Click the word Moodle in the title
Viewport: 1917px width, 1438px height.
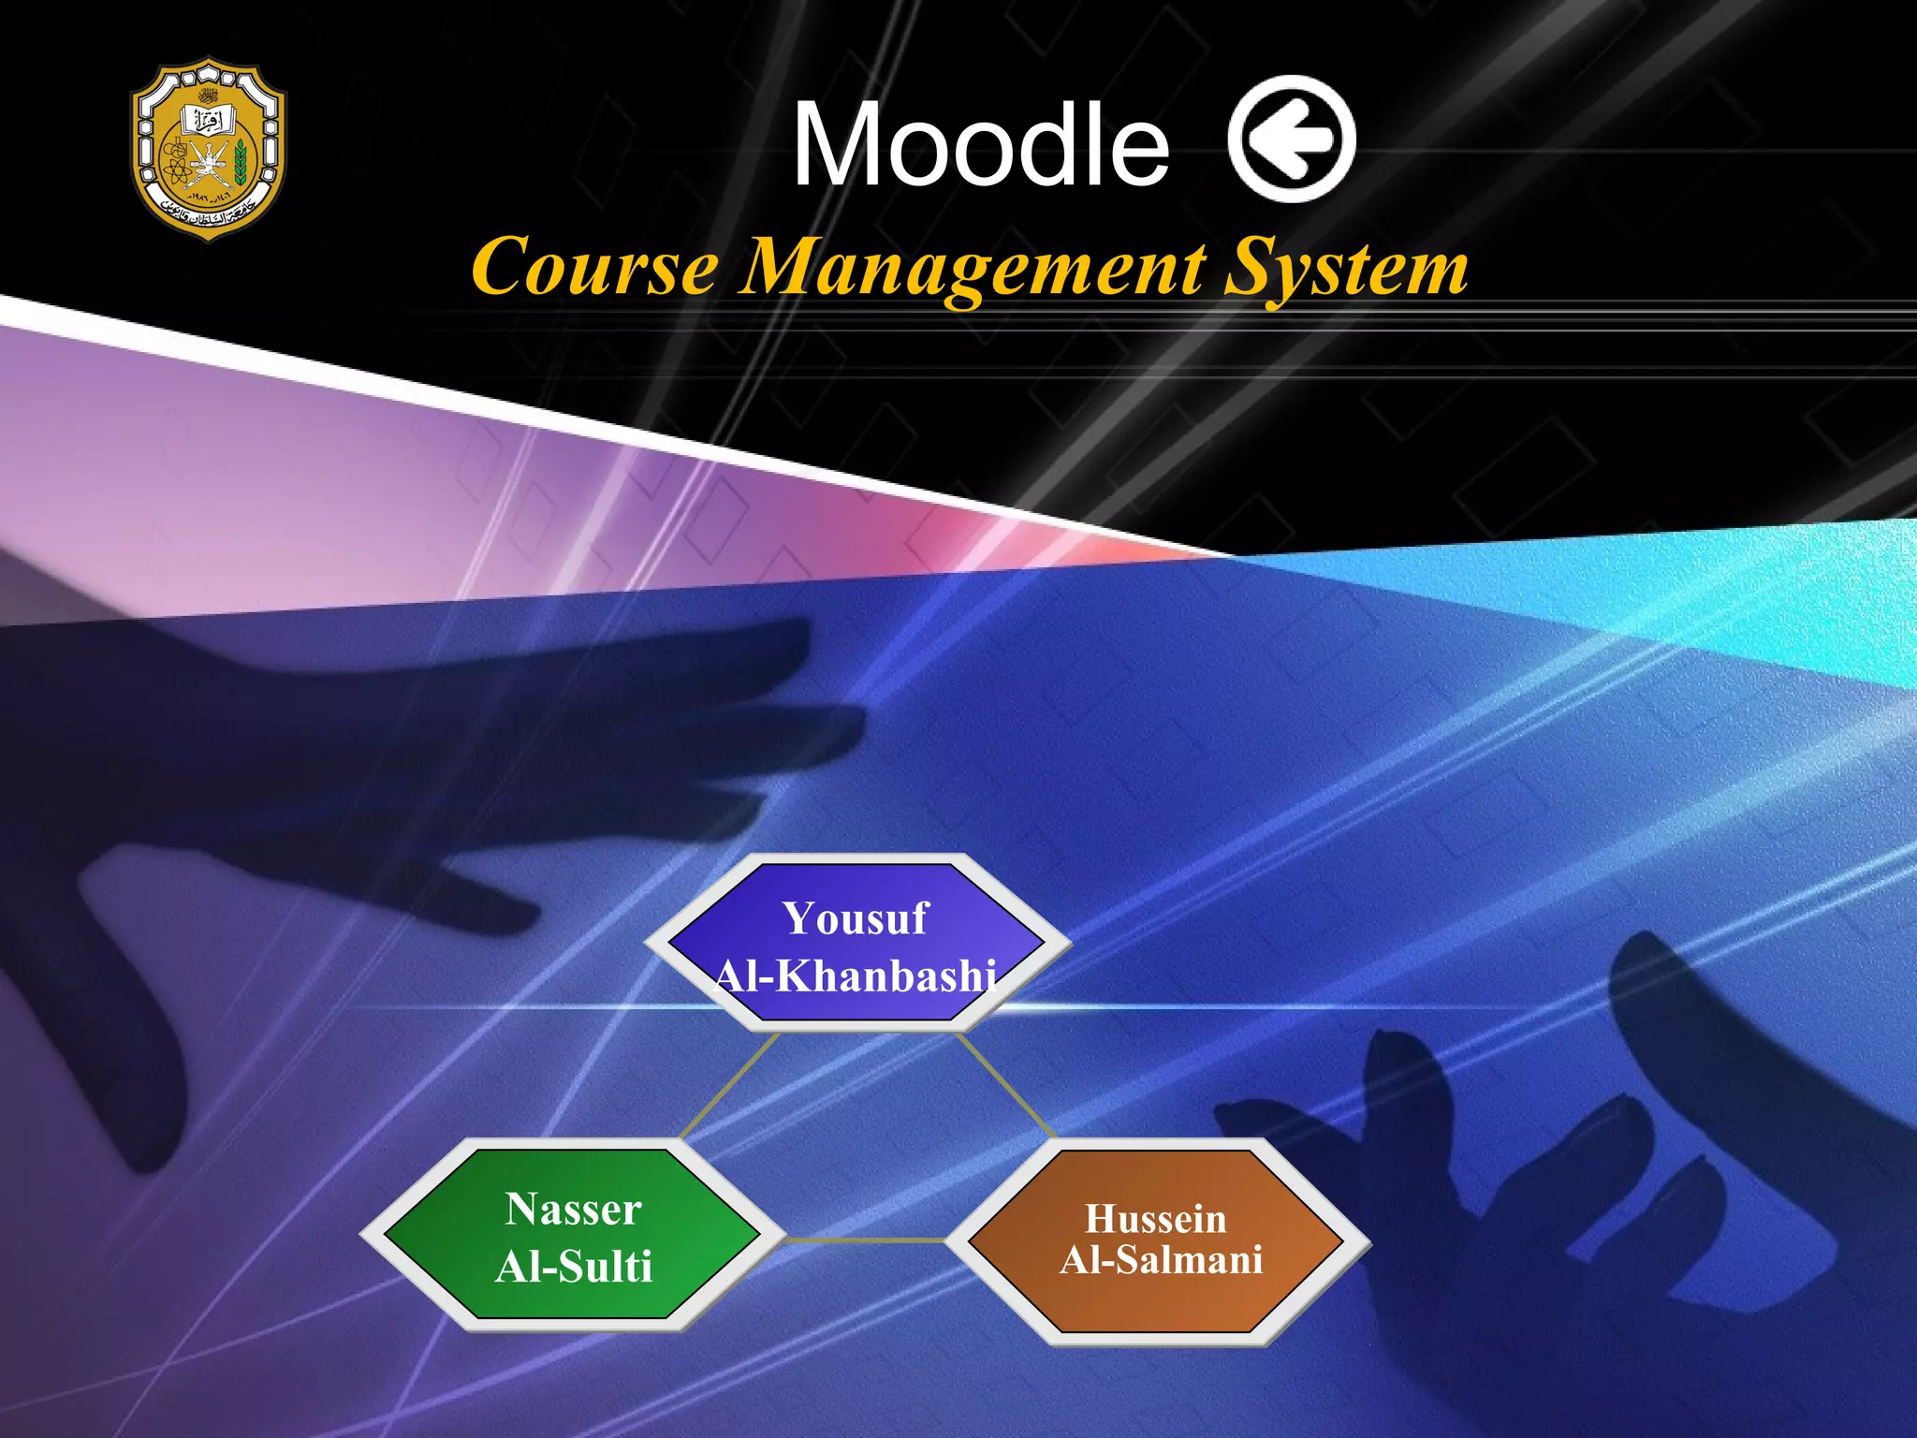point(980,145)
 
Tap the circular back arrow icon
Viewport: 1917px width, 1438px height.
point(1291,139)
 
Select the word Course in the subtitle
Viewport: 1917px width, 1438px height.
point(595,268)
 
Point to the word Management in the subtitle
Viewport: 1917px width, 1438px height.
point(973,270)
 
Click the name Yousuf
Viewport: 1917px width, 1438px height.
point(856,918)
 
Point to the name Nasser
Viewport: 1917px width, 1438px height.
point(574,1210)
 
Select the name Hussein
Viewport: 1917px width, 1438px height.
point(1156,1219)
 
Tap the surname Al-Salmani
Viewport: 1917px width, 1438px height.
point(1162,1260)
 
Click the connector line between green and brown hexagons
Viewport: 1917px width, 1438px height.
point(865,1240)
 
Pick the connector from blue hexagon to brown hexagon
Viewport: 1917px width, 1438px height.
point(1006,1085)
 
